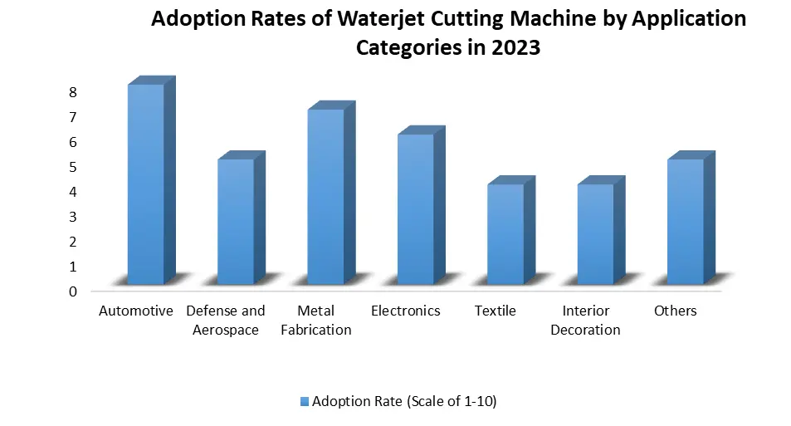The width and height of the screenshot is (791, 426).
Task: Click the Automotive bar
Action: coord(145,184)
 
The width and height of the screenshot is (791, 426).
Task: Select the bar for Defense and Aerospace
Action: coord(235,222)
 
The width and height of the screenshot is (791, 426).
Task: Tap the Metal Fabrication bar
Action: coord(325,197)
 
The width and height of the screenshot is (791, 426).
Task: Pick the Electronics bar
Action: coord(415,209)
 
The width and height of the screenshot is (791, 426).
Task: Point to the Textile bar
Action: coord(505,234)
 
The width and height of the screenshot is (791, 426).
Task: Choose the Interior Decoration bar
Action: coord(595,234)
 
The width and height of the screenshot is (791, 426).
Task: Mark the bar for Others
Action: coord(685,222)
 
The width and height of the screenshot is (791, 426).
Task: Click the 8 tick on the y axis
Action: coord(73,92)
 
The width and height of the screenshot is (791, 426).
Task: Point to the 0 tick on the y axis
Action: coord(73,291)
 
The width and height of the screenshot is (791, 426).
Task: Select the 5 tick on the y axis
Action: coord(73,167)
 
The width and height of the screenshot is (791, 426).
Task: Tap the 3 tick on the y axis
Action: coord(73,217)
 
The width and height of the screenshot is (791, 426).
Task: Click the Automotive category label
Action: coord(135,311)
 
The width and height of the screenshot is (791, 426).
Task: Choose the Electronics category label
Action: coord(406,311)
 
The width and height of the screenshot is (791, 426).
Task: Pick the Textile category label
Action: coord(496,311)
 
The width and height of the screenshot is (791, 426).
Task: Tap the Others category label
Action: coord(675,311)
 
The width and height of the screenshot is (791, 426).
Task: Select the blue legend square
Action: coord(304,402)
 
